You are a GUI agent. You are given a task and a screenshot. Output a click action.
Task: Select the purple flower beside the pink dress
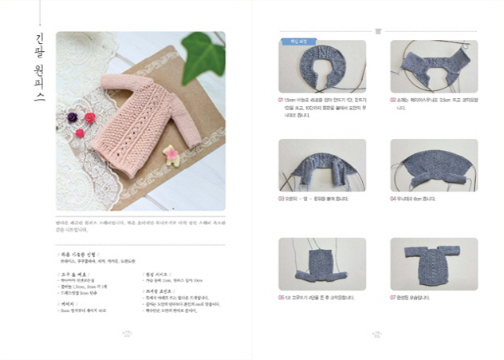(73, 117)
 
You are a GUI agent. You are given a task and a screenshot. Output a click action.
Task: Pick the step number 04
(393, 199)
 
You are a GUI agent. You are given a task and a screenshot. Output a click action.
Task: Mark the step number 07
(393, 297)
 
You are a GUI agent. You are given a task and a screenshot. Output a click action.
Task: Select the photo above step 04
(433, 165)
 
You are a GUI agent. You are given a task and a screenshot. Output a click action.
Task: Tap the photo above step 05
(321, 263)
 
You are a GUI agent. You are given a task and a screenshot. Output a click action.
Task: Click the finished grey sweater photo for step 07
(433, 263)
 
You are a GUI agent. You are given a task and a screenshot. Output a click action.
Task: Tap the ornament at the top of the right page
(377, 31)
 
